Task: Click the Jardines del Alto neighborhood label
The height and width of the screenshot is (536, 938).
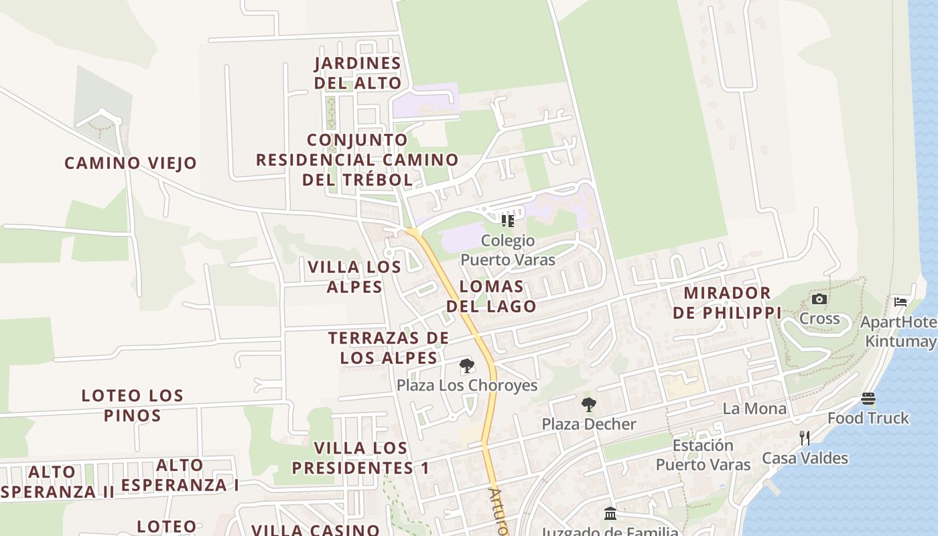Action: pyautogui.click(x=358, y=73)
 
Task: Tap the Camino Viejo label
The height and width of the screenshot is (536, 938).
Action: pyautogui.click(x=131, y=163)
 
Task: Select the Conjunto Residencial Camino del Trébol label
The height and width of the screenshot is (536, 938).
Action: pyautogui.click(x=357, y=159)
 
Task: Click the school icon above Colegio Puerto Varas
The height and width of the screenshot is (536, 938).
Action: pyautogui.click(x=508, y=220)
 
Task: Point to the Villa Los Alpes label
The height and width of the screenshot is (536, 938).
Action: pyautogui.click(x=354, y=277)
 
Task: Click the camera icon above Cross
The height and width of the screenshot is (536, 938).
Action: pyautogui.click(x=819, y=299)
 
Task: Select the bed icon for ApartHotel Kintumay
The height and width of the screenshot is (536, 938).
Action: pyautogui.click(x=900, y=301)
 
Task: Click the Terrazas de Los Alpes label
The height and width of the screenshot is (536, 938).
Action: pyautogui.click(x=389, y=348)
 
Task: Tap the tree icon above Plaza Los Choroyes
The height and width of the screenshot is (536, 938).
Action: pyautogui.click(x=467, y=366)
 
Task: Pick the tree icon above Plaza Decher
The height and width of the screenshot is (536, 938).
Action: pyautogui.click(x=589, y=405)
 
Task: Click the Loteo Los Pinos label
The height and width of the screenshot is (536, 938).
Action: pyautogui.click(x=132, y=405)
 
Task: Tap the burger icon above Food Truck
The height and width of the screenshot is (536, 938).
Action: pyautogui.click(x=868, y=399)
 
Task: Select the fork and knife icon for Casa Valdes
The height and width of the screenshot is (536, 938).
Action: pyautogui.click(x=805, y=438)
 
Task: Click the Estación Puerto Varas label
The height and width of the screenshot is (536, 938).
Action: pyautogui.click(x=703, y=455)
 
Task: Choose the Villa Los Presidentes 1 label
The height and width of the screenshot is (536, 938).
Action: pyautogui.click(x=361, y=458)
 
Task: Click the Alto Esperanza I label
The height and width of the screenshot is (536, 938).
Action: pyautogui.click(x=180, y=475)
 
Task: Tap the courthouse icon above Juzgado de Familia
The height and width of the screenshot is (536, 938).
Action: pyautogui.click(x=610, y=514)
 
